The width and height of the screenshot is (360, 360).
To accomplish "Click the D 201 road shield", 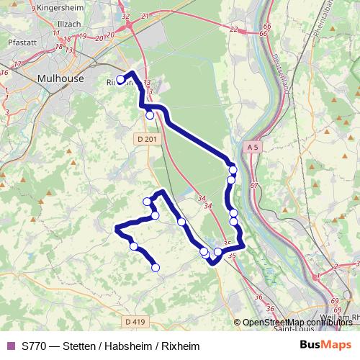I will (145, 139).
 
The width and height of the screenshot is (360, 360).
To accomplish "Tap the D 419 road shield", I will (135, 320).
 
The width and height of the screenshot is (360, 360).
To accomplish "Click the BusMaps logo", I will (325, 346).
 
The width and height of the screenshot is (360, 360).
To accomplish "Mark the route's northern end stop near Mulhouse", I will (120, 80).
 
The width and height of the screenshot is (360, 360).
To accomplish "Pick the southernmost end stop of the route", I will (156, 269).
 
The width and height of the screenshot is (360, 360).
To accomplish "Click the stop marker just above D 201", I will (150, 114).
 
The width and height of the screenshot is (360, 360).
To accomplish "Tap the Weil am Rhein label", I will (341, 316).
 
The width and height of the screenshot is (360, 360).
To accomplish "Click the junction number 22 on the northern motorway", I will (233, 30).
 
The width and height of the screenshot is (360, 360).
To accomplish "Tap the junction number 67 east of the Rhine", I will (253, 185).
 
